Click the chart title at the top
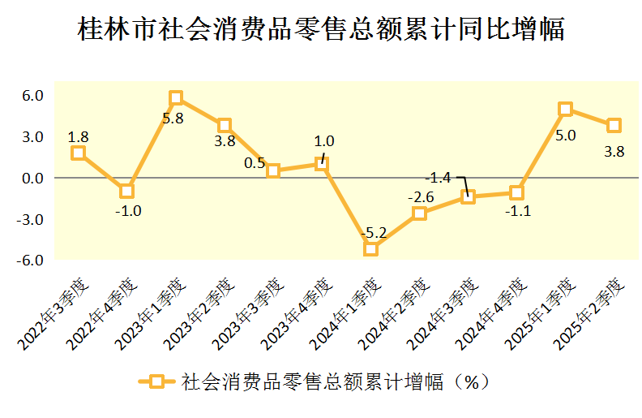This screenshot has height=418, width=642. click(321, 31)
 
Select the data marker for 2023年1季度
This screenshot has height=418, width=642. click(176, 98)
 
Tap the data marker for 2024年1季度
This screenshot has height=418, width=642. click(370, 248)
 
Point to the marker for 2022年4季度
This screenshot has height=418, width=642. click(126, 192)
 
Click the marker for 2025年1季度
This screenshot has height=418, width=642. click(565, 109)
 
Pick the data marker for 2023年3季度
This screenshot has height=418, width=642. click(273, 170)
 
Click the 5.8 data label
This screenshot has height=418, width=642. click(173, 119)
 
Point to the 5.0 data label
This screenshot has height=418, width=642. click(565, 136)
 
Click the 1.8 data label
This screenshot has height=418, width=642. click(79, 137)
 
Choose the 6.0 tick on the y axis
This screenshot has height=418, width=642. click(32, 95)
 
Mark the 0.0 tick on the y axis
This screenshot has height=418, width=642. click(32, 178)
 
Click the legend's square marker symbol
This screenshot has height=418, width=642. click(160, 381)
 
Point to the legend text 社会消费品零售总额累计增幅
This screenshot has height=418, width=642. click(312, 381)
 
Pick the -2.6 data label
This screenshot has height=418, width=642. click(421, 197)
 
